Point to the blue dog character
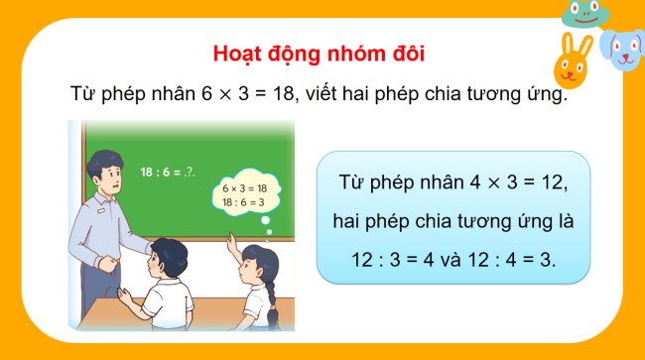tap(624, 50)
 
